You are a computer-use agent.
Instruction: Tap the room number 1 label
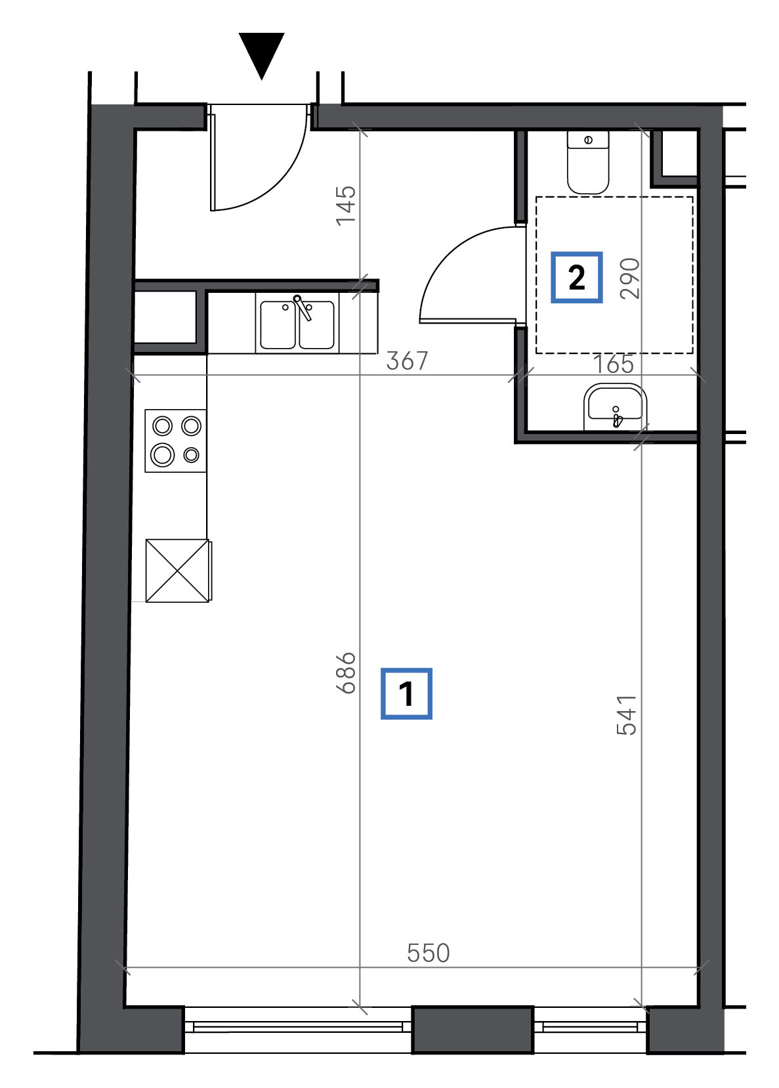tap(406, 693)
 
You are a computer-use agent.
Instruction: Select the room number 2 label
tap(577, 277)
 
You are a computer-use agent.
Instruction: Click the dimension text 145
tap(346, 206)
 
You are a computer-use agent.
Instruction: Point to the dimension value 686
tap(346, 673)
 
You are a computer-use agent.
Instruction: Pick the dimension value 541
tap(626, 714)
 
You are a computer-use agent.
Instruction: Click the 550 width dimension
tap(428, 953)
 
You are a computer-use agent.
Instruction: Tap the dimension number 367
tap(407, 361)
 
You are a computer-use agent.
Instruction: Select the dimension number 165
tap(614, 364)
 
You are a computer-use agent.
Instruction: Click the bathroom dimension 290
tap(630, 278)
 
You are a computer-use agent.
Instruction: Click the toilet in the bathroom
tap(588, 162)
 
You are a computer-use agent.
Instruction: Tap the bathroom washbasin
tap(615, 407)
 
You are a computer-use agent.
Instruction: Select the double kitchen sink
tap(297, 324)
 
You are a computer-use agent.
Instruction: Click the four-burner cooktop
tap(176, 441)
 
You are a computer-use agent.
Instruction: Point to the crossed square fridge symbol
tap(177, 571)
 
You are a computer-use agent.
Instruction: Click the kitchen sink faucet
tap(303, 307)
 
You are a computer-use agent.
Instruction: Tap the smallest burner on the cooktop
tap(191, 455)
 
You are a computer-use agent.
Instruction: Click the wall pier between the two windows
tap(473, 1029)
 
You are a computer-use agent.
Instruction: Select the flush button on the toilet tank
tap(588, 140)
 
